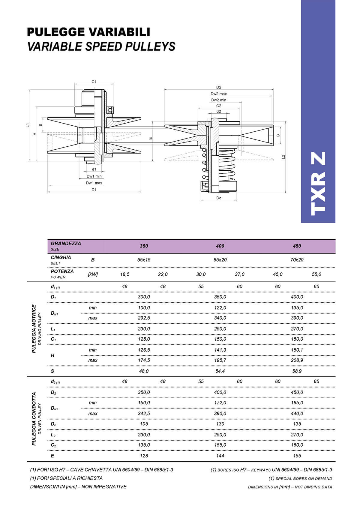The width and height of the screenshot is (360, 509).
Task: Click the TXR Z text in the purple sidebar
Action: click(318, 184)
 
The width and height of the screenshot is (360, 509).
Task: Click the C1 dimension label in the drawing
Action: click(94, 82)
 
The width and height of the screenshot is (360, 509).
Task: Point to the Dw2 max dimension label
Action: click(218, 94)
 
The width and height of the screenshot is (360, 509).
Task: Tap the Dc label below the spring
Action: click(219, 198)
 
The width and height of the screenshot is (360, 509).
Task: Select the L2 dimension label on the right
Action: click(283, 157)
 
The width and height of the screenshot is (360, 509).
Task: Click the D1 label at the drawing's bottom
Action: click(94, 190)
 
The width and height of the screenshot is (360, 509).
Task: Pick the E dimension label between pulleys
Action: click(150, 138)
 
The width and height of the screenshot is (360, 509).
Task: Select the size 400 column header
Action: click(220, 246)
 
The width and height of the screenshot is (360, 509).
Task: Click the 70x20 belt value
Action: click(297, 260)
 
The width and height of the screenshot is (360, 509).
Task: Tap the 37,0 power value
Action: click(239, 274)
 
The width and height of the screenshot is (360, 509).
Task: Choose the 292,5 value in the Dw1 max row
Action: click(144, 318)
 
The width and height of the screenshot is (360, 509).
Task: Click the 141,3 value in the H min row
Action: click(220, 350)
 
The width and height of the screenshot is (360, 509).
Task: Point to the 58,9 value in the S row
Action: click(297, 371)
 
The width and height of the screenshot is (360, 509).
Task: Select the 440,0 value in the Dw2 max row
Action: click(297, 413)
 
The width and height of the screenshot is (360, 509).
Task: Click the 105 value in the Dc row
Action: click(144, 424)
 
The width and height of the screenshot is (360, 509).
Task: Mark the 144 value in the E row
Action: click(220, 456)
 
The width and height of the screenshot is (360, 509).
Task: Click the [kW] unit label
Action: click(93, 274)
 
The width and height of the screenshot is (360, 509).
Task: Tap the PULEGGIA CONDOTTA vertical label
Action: click(34, 419)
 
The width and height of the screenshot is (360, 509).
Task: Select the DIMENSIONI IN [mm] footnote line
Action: click(78, 487)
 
